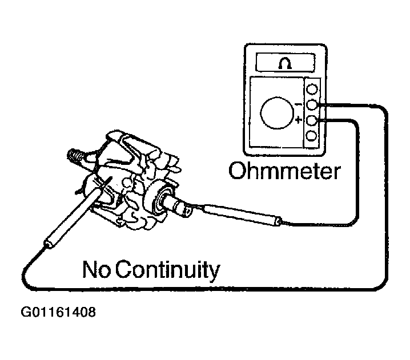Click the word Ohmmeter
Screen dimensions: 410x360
point(284,171)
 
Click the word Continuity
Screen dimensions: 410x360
point(168,270)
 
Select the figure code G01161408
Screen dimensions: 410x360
point(58,312)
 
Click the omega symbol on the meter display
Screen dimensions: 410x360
point(286,63)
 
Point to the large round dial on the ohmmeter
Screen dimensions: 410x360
point(276,113)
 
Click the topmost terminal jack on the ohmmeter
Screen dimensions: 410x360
point(312,90)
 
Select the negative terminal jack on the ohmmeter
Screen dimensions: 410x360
point(312,105)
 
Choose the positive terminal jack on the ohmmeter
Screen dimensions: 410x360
point(312,120)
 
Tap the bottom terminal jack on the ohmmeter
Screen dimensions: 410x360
point(312,136)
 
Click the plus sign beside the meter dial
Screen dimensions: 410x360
point(298,120)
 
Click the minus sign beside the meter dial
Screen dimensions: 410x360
point(298,105)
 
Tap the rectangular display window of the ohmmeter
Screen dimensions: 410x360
point(285,63)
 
